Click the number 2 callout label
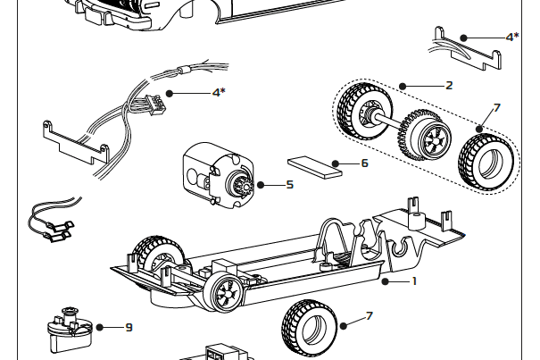pos(449,86)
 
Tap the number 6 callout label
pos(364,163)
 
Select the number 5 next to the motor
pos(289,185)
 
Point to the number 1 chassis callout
pos(413,281)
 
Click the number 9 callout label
pos(129,327)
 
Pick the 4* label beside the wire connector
pos(219,92)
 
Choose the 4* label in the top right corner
pos(512,37)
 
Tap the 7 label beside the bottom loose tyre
pos(370,316)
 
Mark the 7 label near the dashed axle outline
pos(496,107)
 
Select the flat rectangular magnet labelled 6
pos(315,167)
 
